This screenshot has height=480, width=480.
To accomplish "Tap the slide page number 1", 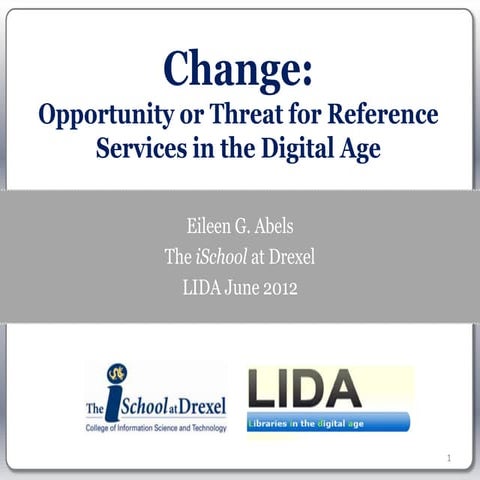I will click(x=451, y=459).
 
